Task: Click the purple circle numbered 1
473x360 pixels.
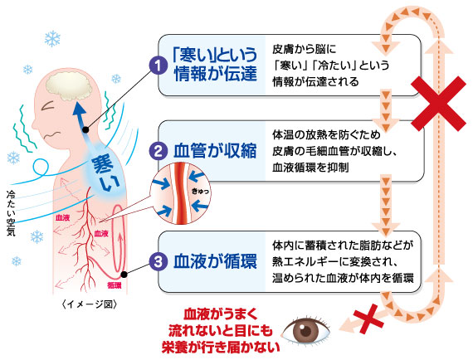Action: (x=158, y=66)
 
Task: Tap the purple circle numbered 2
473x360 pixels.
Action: (x=158, y=151)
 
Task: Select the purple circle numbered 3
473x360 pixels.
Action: (x=158, y=261)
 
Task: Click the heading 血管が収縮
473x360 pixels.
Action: (x=215, y=151)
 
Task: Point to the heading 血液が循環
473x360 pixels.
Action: (x=215, y=261)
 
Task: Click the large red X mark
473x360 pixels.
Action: (x=438, y=104)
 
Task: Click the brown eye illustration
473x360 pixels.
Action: (x=305, y=331)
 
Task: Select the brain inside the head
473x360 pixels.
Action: (x=69, y=86)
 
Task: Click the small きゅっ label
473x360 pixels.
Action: (x=200, y=191)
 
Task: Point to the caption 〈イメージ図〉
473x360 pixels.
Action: (x=90, y=304)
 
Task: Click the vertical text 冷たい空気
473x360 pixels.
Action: (x=11, y=213)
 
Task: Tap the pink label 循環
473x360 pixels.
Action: (x=114, y=285)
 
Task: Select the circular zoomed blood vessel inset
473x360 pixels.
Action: (x=180, y=194)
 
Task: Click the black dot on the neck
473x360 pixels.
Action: (x=85, y=130)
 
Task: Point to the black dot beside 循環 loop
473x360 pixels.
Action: (x=124, y=275)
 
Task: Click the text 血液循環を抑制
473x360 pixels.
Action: (x=310, y=168)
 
